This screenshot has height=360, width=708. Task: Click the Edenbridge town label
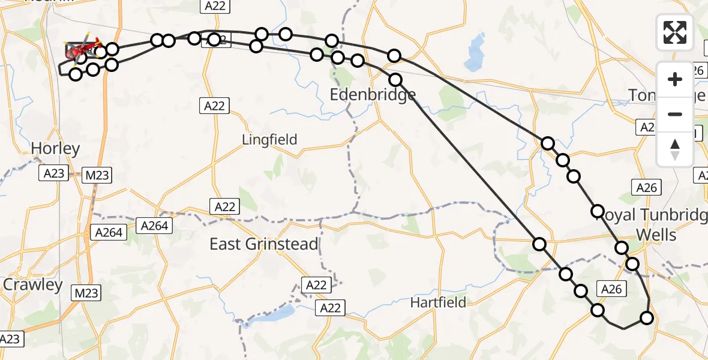pyautogui.click(x=373, y=95)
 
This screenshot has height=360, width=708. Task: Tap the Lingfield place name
pyautogui.click(x=269, y=140)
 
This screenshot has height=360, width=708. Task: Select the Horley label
pyautogui.click(x=55, y=149)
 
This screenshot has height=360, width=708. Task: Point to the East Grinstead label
pyautogui.click(x=263, y=244)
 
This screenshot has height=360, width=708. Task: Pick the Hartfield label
pyautogui.click(x=438, y=302)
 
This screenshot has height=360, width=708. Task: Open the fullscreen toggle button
pyautogui.click(x=675, y=32)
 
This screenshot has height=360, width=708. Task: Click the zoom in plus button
pyautogui.click(x=675, y=79)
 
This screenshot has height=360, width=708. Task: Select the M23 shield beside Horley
pyautogui.click(x=97, y=175)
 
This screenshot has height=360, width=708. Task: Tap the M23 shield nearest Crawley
pyautogui.click(x=86, y=293)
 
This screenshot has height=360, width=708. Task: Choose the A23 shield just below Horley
pyautogui.click(x=53, y=174)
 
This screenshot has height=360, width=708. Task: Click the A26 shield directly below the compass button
pyautogui.click(x=647, y=188)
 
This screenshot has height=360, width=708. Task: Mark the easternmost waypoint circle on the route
pyautogui.click(x=647, y=318)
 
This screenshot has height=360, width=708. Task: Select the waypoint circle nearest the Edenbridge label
pyautogui.click(x=395, y=79)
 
